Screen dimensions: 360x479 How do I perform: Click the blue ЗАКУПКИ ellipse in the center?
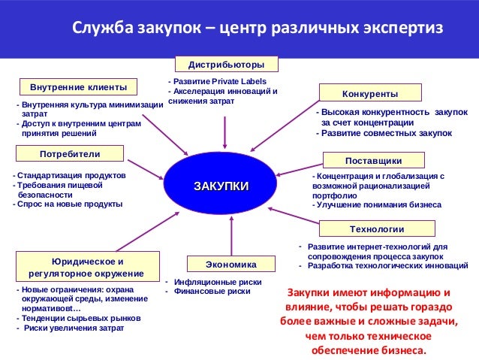pos(221,186)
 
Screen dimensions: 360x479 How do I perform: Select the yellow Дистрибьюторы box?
pos(226,64)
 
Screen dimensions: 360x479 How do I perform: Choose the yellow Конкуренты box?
pos(369,93)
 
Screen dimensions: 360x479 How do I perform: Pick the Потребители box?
pos(69,153)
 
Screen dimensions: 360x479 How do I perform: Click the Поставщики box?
pos(373,160)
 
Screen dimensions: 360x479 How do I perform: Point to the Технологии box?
pos(377,228)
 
